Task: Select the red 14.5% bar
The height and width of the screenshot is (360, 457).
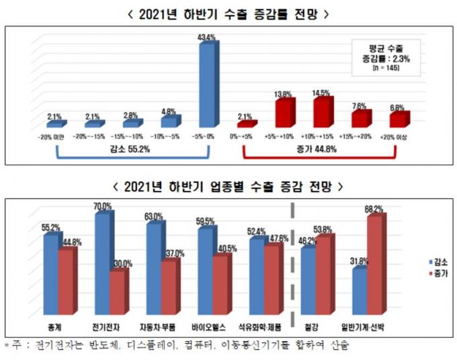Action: click(x=323, y=112)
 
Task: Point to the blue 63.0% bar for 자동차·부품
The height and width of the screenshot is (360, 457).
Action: click(x=153, y=267)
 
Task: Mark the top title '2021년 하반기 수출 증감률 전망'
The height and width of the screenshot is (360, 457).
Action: click(x=229, y=13)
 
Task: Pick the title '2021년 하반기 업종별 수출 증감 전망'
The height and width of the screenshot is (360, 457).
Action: click(x=229, y=185)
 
